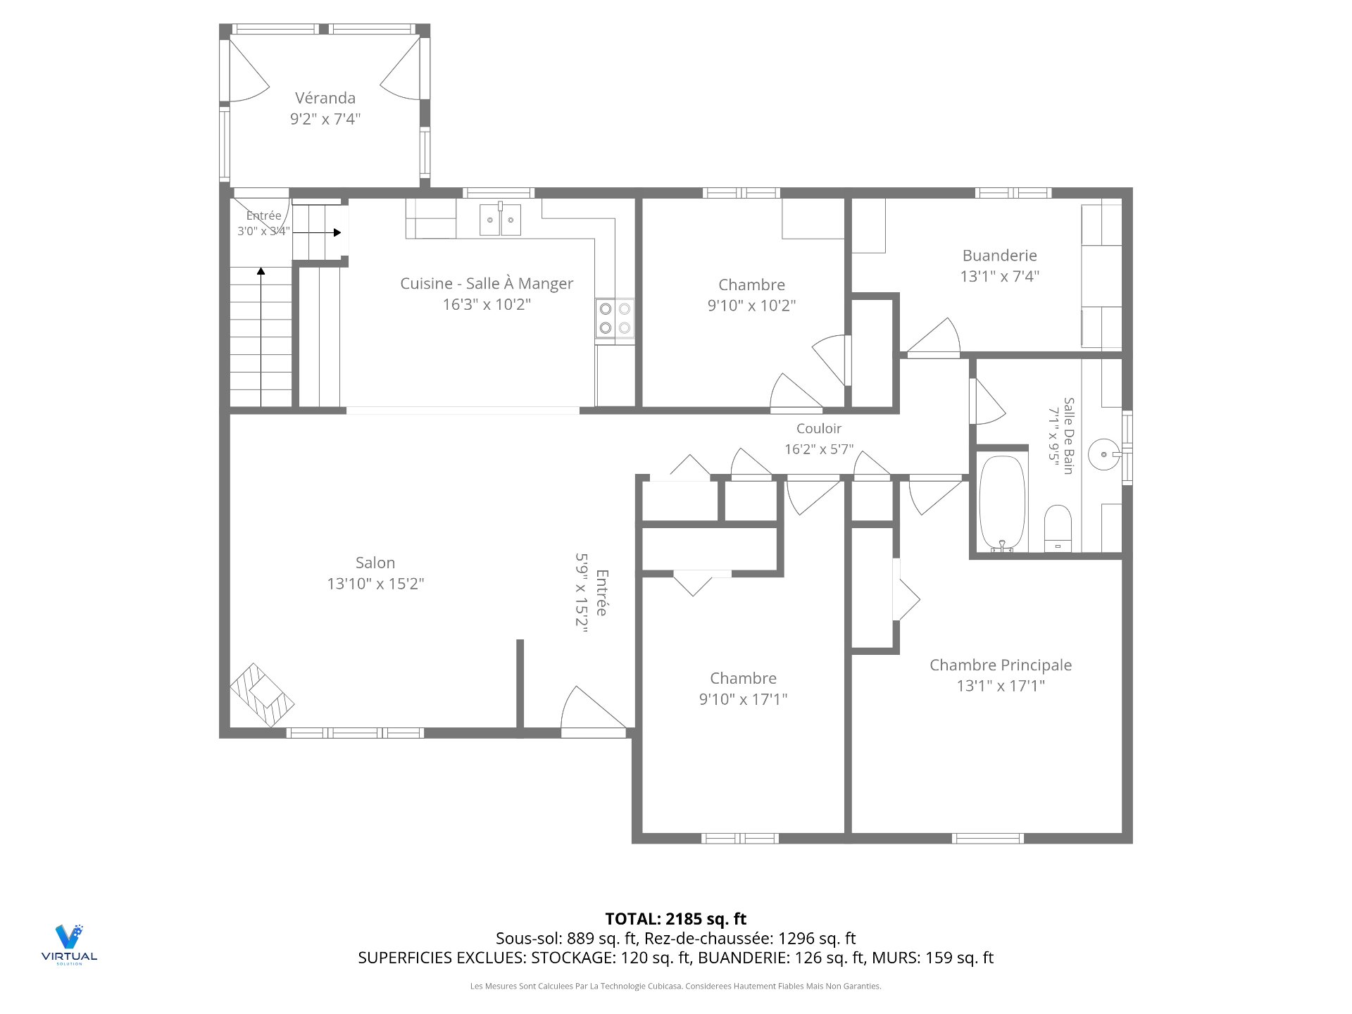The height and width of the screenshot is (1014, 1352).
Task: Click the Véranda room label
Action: pos(325,98)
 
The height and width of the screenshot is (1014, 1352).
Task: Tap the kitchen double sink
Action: pos(501,219)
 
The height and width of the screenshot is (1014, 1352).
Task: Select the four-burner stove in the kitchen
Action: pos(615,318)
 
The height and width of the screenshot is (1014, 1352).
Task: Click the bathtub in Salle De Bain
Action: pos(1003,503)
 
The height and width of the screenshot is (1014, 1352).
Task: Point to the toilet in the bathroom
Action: pos(1058,527)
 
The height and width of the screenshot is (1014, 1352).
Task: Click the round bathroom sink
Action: pos(1103,454)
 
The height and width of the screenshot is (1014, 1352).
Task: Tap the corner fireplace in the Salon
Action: pos(262,695)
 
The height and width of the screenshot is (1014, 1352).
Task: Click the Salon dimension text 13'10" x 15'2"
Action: pos(375,584)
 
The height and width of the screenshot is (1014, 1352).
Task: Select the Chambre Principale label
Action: pos(1001,665)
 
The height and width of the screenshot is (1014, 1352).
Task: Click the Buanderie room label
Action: pos(999,256)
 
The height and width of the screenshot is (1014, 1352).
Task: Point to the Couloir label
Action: pos(819,428)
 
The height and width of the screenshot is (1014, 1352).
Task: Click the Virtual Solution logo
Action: pos(69,944)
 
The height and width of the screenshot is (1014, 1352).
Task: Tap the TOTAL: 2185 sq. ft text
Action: pos(676,919)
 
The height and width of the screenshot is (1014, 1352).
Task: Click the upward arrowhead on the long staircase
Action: pos(261,271)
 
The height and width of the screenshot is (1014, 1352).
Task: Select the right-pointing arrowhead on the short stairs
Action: pos(337,232)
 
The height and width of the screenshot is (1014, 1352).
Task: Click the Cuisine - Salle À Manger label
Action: pos(487,284)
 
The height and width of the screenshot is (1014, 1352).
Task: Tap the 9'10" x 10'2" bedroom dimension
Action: pos(751,306)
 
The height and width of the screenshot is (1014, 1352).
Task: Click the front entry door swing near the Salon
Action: pos(593,711)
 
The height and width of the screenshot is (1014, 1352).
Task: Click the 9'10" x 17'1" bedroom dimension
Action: pos(743,699)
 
